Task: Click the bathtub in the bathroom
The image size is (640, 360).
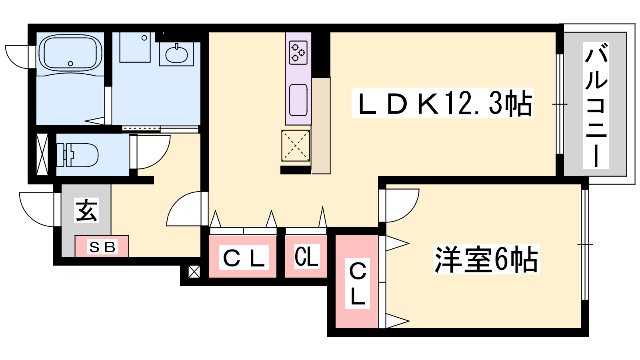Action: click(x=70, y=53)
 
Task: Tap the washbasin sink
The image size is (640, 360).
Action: click(x=176, y=54)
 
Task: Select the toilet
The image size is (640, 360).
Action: click(x=78, y=155)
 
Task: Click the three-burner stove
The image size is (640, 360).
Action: click(x=298, y=52)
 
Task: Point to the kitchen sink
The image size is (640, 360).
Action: click(x=298, y=100)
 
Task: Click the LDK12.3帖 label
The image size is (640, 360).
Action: click(x=442, y=103)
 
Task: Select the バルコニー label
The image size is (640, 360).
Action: click(x=596, y=105)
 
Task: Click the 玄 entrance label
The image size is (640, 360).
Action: click(x=86, y=210)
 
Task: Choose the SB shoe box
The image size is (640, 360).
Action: click(x=102, y=246)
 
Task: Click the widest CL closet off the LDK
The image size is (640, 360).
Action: click(x=242, y=256)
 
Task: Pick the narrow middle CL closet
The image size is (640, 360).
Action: click(x=306, y=256)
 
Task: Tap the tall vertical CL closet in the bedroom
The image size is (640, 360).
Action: click(x=357, y=282)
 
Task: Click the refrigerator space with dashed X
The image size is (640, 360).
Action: click(x=296, y=146)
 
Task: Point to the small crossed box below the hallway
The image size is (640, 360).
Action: click(x=194, y=272)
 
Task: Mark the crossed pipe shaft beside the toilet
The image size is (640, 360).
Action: click(x=42, y=154)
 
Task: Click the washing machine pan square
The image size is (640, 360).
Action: click(x=135, y=48)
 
